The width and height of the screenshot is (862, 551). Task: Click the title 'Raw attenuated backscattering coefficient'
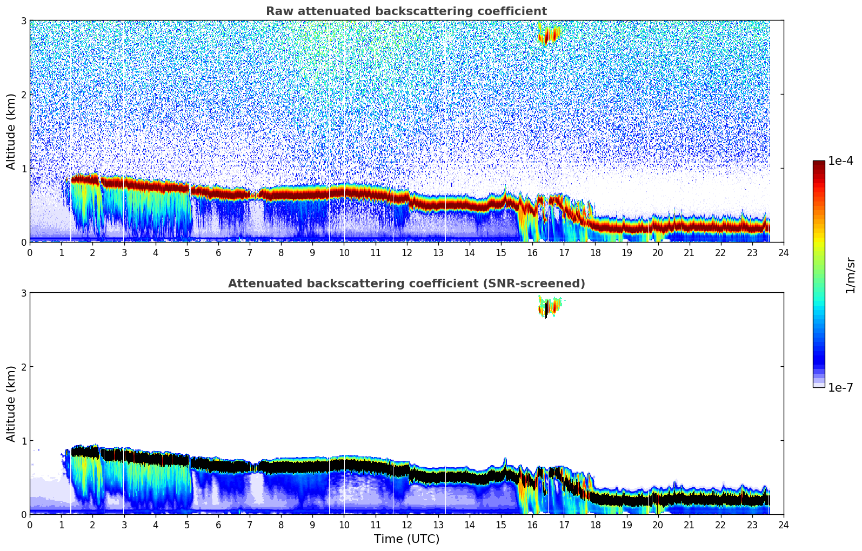(x=406, y=11)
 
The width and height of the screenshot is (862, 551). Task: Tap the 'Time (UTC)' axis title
(x=406, y=539)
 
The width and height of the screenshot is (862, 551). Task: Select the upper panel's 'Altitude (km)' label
(x=11, y=131)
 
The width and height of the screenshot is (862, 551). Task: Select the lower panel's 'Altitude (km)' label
(x=11, y=404)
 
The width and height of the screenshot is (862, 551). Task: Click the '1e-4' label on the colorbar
(x=840, y=161)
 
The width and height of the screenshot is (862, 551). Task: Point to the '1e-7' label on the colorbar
(x=840, y=387)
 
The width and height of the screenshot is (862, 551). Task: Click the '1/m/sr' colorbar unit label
(x=850, y=275)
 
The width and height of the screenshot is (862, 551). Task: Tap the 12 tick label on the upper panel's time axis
(x=406, y=252)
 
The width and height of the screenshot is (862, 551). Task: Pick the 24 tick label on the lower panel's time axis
(x=783, y=525)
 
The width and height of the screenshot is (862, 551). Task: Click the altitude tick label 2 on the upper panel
(x=24, y=95)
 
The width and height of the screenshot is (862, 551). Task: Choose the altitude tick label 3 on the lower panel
(x=24, y=293)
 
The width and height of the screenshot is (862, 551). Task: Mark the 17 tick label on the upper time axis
(x=564, y=252)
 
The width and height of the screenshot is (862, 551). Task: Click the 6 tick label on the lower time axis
(x=218, y=525)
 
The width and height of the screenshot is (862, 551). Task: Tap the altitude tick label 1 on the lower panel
(x=24, y=441)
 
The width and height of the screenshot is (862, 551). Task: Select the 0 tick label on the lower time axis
(x=30, y=525)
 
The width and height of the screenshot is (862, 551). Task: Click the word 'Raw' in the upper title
(x=278, y=11)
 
